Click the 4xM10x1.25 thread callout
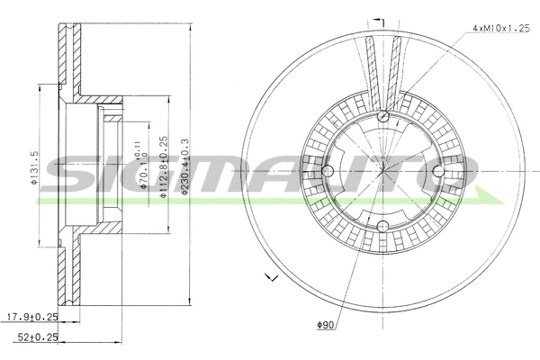tap(499, 30)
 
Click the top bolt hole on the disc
tap(383, 115)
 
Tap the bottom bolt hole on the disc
tap(383, 226)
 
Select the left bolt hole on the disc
tap(328, 170)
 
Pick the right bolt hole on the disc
tap(438, 170)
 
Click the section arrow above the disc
tap(379, 20)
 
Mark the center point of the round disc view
tap(383, 170)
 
